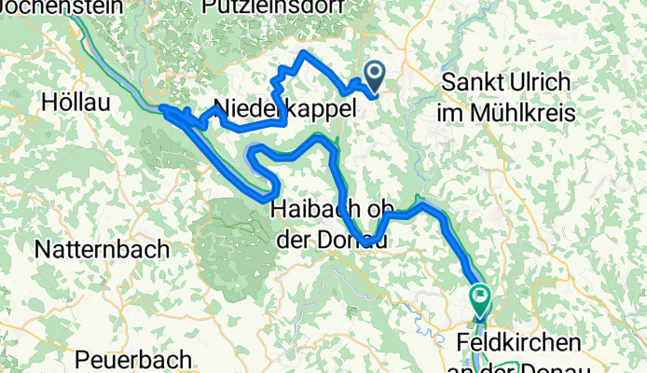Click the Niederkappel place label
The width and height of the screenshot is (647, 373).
284,108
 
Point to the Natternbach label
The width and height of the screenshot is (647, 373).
103,249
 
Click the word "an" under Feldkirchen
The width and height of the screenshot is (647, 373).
474,365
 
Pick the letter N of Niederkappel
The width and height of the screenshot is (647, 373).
222,108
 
